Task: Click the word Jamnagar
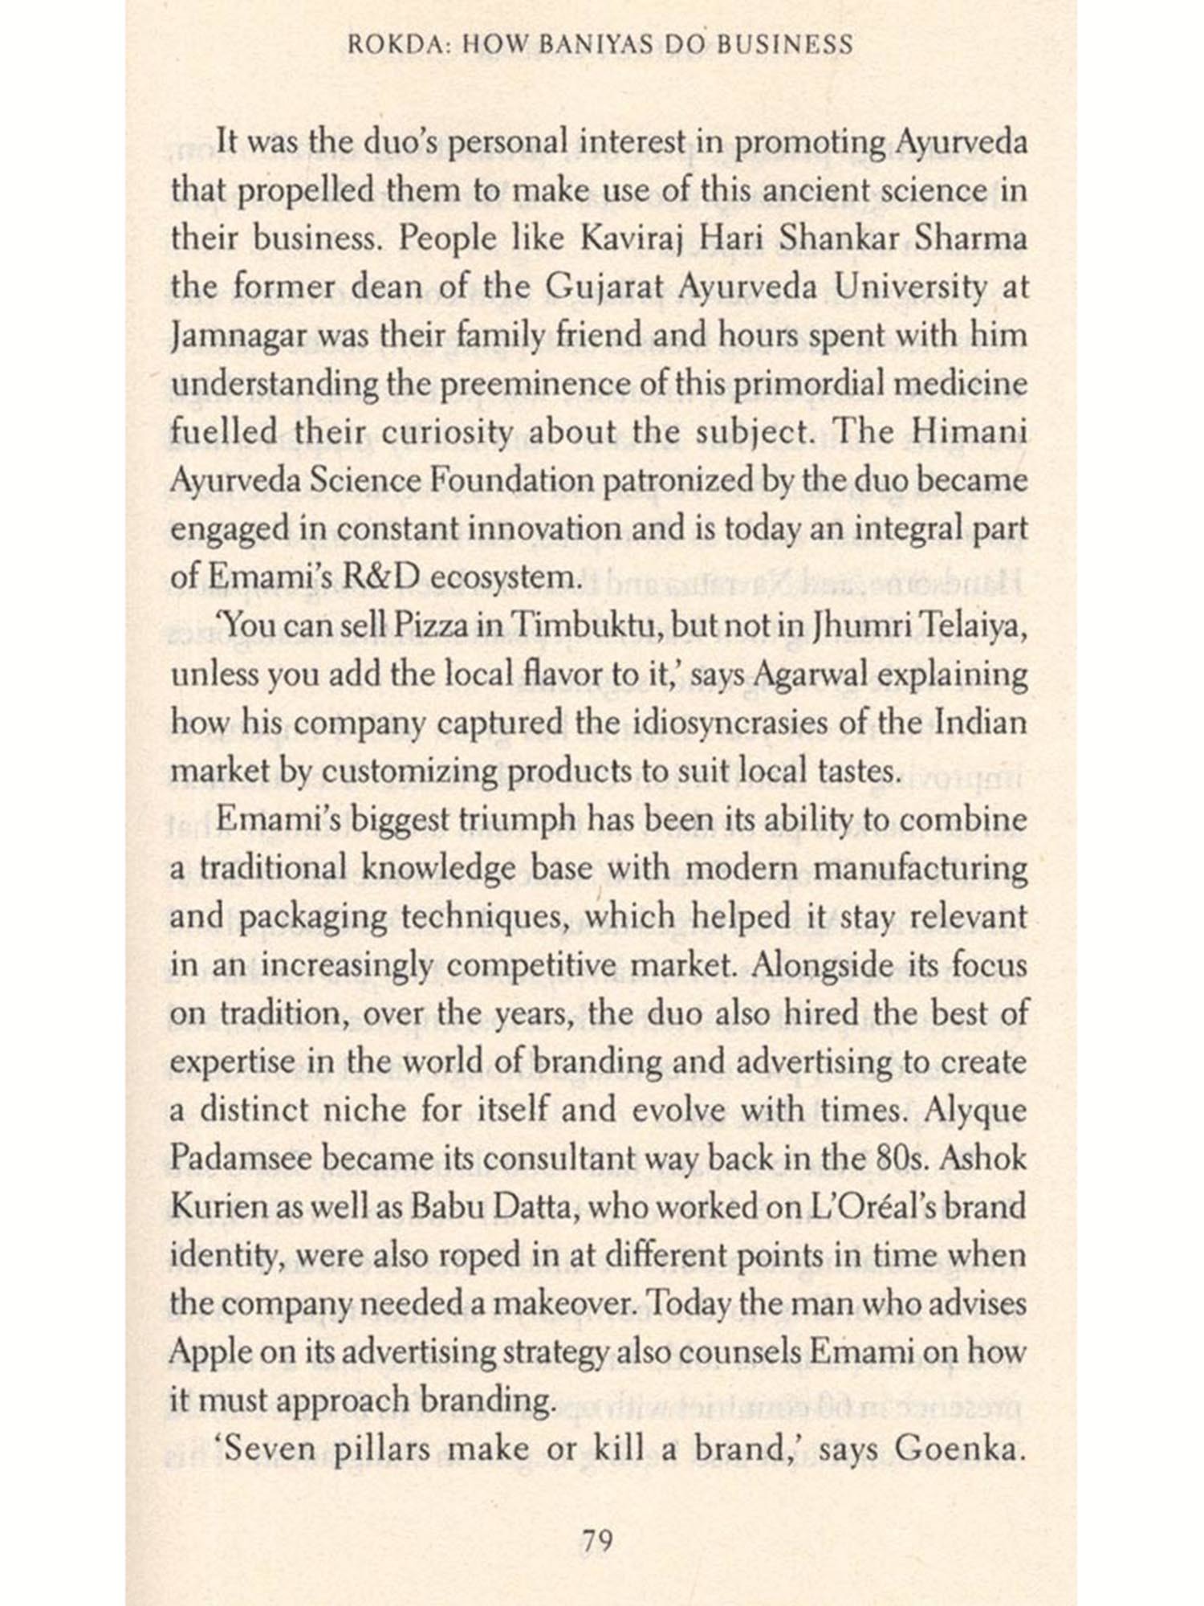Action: click(x=227, y=336)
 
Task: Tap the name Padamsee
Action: click(x=233, y=1160)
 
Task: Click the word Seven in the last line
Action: click(x=267, y=1449)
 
